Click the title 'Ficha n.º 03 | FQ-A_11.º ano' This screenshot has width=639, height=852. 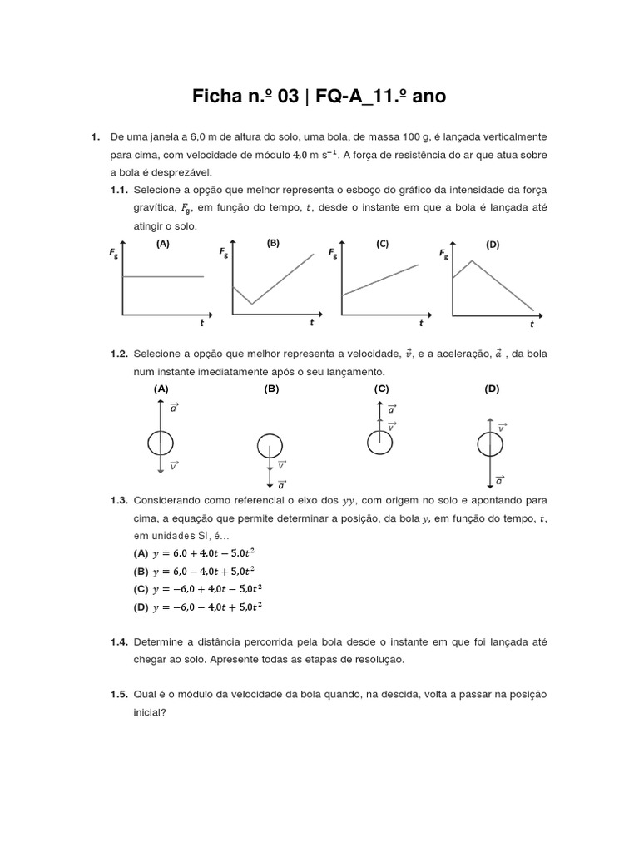319,97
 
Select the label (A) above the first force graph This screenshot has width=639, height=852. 163,244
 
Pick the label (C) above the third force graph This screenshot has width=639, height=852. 382,244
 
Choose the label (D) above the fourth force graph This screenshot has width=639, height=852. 493,245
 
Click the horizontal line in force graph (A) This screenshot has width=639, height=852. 163,276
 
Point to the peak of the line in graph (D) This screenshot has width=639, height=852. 472,261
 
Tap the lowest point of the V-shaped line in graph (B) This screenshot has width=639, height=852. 251,303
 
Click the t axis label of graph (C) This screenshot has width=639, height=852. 421,323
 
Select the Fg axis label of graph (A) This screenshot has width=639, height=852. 114,255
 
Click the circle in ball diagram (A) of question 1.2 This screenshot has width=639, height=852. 161,443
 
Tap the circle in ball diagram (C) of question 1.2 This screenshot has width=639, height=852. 380,441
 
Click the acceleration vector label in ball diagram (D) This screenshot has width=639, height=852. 499,480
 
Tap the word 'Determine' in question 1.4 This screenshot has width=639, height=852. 157,643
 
